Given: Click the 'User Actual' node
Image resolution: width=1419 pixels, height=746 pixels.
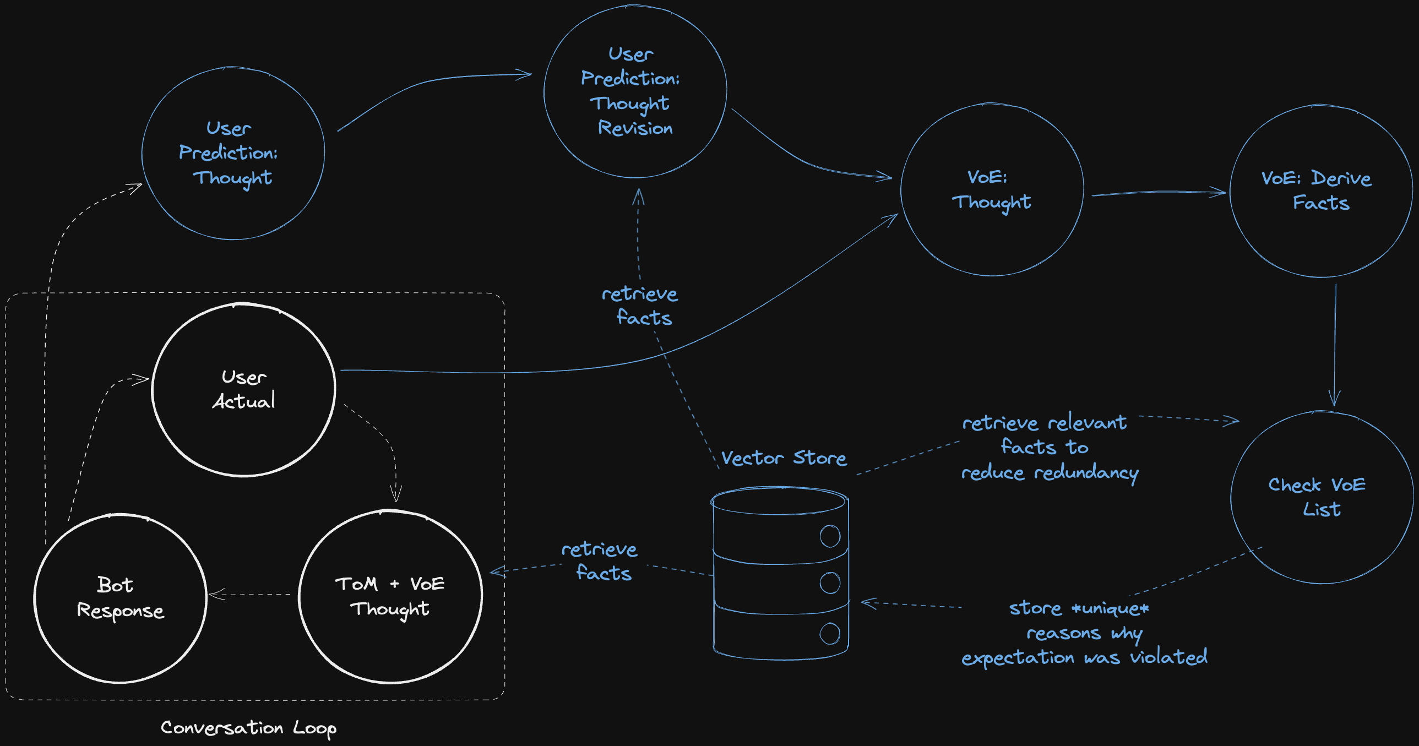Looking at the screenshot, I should pos(243,389).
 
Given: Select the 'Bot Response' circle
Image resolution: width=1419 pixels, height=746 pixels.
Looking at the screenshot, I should pos(120,598).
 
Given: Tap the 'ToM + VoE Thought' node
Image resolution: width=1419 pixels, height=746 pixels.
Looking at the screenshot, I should pos(390,596).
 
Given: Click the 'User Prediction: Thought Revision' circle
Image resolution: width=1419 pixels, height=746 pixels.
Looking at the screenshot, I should pos(634,91).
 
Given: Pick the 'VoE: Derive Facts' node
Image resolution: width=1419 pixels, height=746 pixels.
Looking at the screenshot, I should pos(1321,190).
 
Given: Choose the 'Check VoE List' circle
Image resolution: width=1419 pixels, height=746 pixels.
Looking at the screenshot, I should pos(1321,497).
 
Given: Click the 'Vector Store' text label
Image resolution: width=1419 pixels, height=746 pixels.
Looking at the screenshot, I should pos(784,458).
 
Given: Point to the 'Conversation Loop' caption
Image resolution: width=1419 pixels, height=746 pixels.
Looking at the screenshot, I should pos(248,728).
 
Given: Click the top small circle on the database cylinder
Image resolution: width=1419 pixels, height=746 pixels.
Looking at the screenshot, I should pos(830,536).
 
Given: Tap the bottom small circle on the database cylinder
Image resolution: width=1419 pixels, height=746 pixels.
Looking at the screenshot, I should pos(830,634).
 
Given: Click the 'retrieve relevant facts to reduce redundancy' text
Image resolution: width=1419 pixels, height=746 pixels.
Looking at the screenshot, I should pos(1050,448).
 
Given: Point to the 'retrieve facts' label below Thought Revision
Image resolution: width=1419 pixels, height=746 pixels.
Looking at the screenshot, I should pos(640,306).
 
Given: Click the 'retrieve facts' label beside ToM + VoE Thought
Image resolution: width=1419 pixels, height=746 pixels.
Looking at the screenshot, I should pos(600,561).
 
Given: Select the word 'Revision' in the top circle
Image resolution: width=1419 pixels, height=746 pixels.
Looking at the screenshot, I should pos(635,128).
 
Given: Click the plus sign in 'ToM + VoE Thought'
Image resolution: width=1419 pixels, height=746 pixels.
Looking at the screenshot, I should pos(394,584).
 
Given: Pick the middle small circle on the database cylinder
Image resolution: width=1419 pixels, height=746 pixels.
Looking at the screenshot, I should pos(830,582).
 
